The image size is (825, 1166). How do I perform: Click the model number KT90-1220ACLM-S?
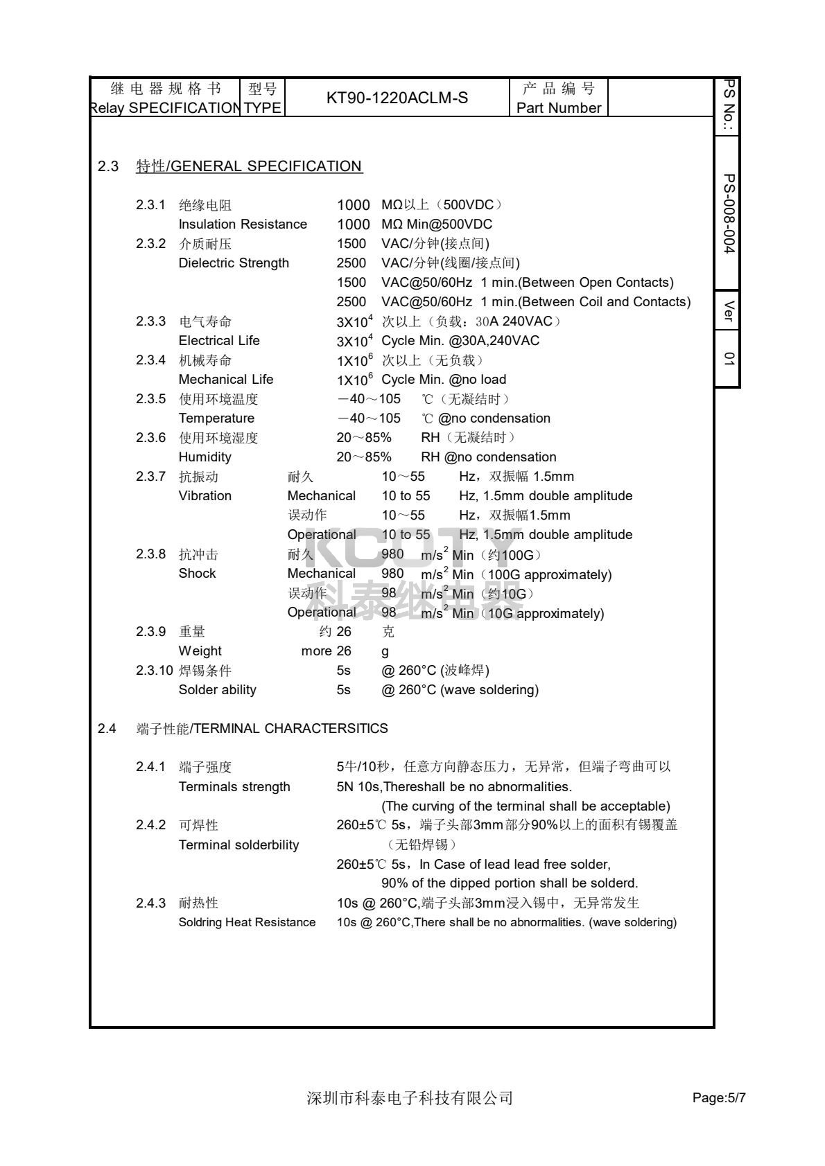397,98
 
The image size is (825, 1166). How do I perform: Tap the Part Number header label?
559,108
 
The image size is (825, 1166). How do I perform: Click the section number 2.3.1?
150,205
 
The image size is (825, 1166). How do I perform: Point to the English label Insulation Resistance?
243,224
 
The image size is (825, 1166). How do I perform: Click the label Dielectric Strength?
234,263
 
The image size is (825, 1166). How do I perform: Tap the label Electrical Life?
219,341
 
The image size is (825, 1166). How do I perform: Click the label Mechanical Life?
226,380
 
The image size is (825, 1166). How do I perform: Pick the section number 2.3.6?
150,438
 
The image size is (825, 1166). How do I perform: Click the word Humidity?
205,457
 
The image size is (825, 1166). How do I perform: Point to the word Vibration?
205,496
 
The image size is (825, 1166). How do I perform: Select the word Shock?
197,574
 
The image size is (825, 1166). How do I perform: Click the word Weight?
200,651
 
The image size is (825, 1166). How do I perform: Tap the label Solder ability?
217,690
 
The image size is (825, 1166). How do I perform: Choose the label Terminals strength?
234,787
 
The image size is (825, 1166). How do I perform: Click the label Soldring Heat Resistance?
247,923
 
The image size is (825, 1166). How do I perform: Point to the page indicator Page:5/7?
719,1098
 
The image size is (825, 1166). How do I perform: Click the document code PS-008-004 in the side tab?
728,213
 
